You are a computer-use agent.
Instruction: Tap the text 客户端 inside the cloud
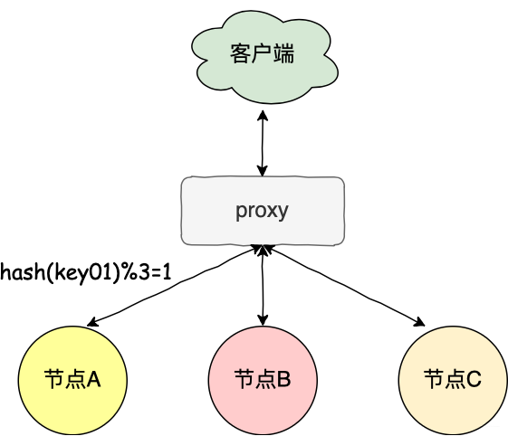click(x=263, y=55)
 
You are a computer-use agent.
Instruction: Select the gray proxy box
click(x=263, y=211)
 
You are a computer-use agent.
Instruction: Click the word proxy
click(x=263, y=211)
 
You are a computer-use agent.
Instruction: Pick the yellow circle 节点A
click(x=72, y=379)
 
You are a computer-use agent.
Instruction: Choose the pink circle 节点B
click(x=263, y=379)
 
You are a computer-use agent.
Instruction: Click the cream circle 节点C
click(x=452, y=379)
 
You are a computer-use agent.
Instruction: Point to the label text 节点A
click(x=72, y=379)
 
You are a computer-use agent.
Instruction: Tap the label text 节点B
click(x=263, y=379)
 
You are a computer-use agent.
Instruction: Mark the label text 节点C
click(x=452, y=379)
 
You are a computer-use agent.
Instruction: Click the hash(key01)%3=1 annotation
click(x=86, y=270)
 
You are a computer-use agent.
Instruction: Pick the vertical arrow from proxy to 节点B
click(x=263, y=286)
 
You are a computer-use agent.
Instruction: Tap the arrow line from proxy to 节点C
click(x=344, y=286)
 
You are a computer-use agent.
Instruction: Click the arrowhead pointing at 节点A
click(x=91, y=322)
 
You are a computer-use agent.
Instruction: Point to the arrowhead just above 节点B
click(x=263, y=319)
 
